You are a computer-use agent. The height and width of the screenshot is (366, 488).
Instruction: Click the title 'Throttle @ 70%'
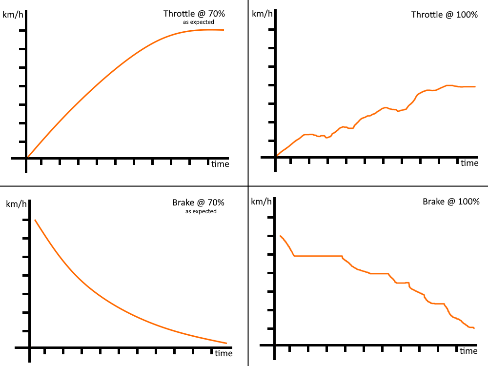pos(194,14)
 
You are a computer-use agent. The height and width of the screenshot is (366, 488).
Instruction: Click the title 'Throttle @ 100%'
pos(444,15)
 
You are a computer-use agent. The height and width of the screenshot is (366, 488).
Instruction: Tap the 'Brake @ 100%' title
pos(451,201)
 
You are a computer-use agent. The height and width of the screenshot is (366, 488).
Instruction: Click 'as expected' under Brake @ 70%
pos(201,211)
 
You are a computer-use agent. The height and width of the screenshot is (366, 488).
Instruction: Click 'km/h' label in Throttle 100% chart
pos(262,13)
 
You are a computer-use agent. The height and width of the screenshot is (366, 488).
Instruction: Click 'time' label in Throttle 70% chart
pos(220,164)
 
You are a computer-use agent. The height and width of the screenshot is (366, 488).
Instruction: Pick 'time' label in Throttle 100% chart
pos(469,163)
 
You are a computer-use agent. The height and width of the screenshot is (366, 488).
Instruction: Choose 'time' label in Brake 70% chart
pos(223,353)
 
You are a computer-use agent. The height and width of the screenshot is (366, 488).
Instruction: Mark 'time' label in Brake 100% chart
pos(468,351)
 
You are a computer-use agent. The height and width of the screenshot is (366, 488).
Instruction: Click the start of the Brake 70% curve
pos(35,220)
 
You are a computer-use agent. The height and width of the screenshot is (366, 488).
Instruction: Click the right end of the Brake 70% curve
pos(226,343)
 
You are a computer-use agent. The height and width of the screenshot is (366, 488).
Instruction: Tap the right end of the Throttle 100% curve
pos(475,87)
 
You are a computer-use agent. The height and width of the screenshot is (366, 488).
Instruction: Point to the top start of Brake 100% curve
pos(280,236)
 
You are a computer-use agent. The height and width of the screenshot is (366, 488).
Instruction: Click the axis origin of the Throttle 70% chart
pos(27,158)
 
